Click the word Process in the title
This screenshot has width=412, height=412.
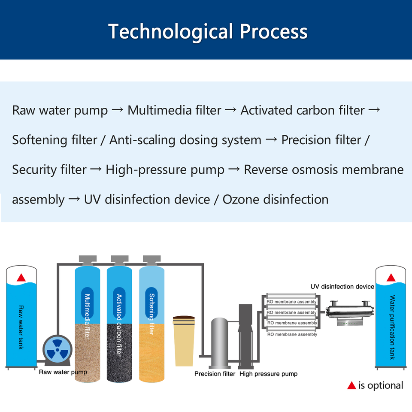tap(273, 31)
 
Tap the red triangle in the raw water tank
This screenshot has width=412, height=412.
tap(21, 278)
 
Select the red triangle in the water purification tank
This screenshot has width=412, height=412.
tap(391, 278)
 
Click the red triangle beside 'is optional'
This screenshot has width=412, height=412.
tap(351, 385)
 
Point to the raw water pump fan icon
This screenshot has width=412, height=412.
tap(57, 350)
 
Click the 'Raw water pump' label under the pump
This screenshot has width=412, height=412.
tap(63, 372)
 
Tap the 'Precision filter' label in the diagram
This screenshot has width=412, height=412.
tap(215, 374)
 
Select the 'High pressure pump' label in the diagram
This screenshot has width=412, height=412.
tap(268, 374)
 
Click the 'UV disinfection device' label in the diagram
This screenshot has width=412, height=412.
tap(342, 286)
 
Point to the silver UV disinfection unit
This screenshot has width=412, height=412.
tap(349, 313)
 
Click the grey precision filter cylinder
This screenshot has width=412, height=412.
tap(220, 343)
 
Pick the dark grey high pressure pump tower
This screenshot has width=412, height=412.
tap(245, 336)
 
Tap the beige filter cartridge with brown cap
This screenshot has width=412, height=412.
tap(184, 341)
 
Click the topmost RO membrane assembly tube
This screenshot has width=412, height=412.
tap(291, 296)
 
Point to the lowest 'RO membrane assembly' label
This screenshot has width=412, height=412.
tap(292, 334)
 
